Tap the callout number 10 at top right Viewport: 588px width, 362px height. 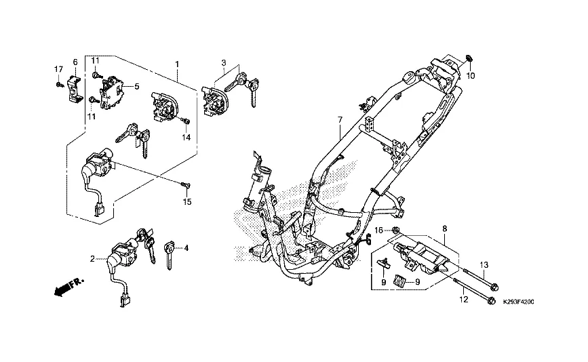tap(471, 75)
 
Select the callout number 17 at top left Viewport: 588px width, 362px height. tap(58, 69)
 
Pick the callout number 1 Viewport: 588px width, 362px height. tap(177, 64)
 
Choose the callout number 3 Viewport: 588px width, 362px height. tap(222, 62)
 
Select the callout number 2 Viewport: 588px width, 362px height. tap(93, 258)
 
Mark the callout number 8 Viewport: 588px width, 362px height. tap(444, 229)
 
